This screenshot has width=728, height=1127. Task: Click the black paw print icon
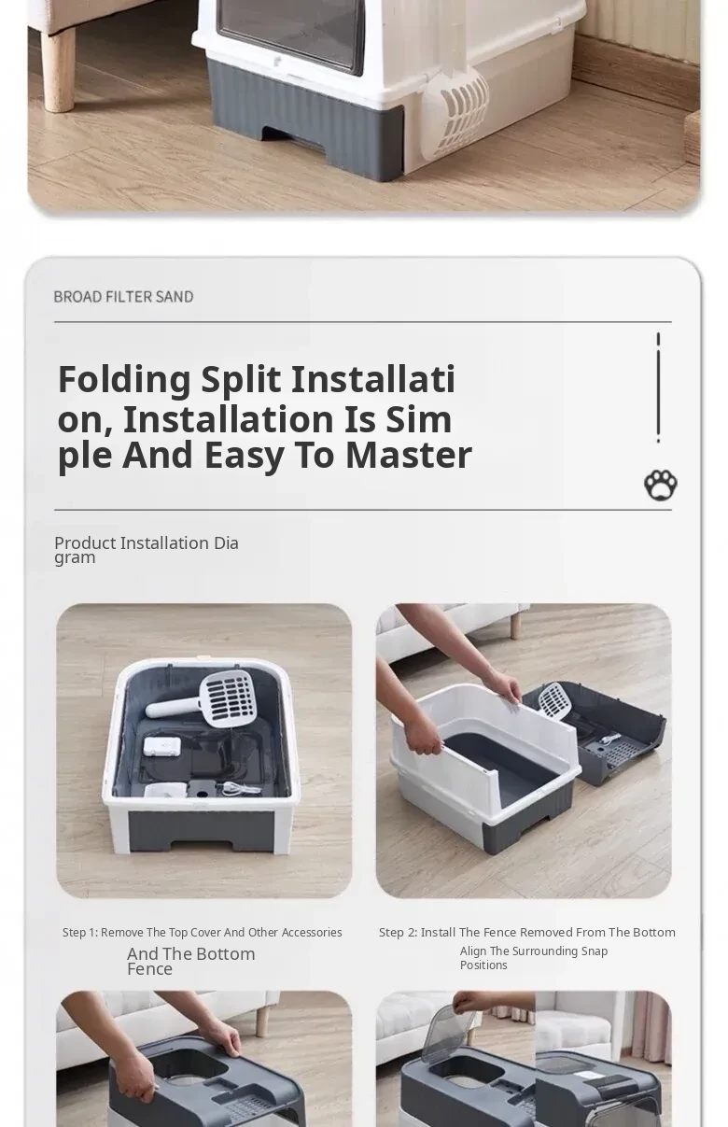660,485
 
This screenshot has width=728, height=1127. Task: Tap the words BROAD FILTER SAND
123,297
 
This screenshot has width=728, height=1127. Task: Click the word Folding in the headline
124,380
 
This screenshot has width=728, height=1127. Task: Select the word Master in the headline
409,455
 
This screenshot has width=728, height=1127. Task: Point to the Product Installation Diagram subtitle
147,550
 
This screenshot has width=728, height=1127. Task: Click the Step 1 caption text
203,932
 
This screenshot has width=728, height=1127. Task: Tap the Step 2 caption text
527,932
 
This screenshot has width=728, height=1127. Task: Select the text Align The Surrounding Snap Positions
534,958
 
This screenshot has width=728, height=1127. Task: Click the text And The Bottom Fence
191,961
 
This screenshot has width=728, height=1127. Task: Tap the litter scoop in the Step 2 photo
555,701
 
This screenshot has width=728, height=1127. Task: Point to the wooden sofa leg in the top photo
57,69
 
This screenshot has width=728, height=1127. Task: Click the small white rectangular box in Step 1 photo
161,746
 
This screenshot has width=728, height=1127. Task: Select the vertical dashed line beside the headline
658,387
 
